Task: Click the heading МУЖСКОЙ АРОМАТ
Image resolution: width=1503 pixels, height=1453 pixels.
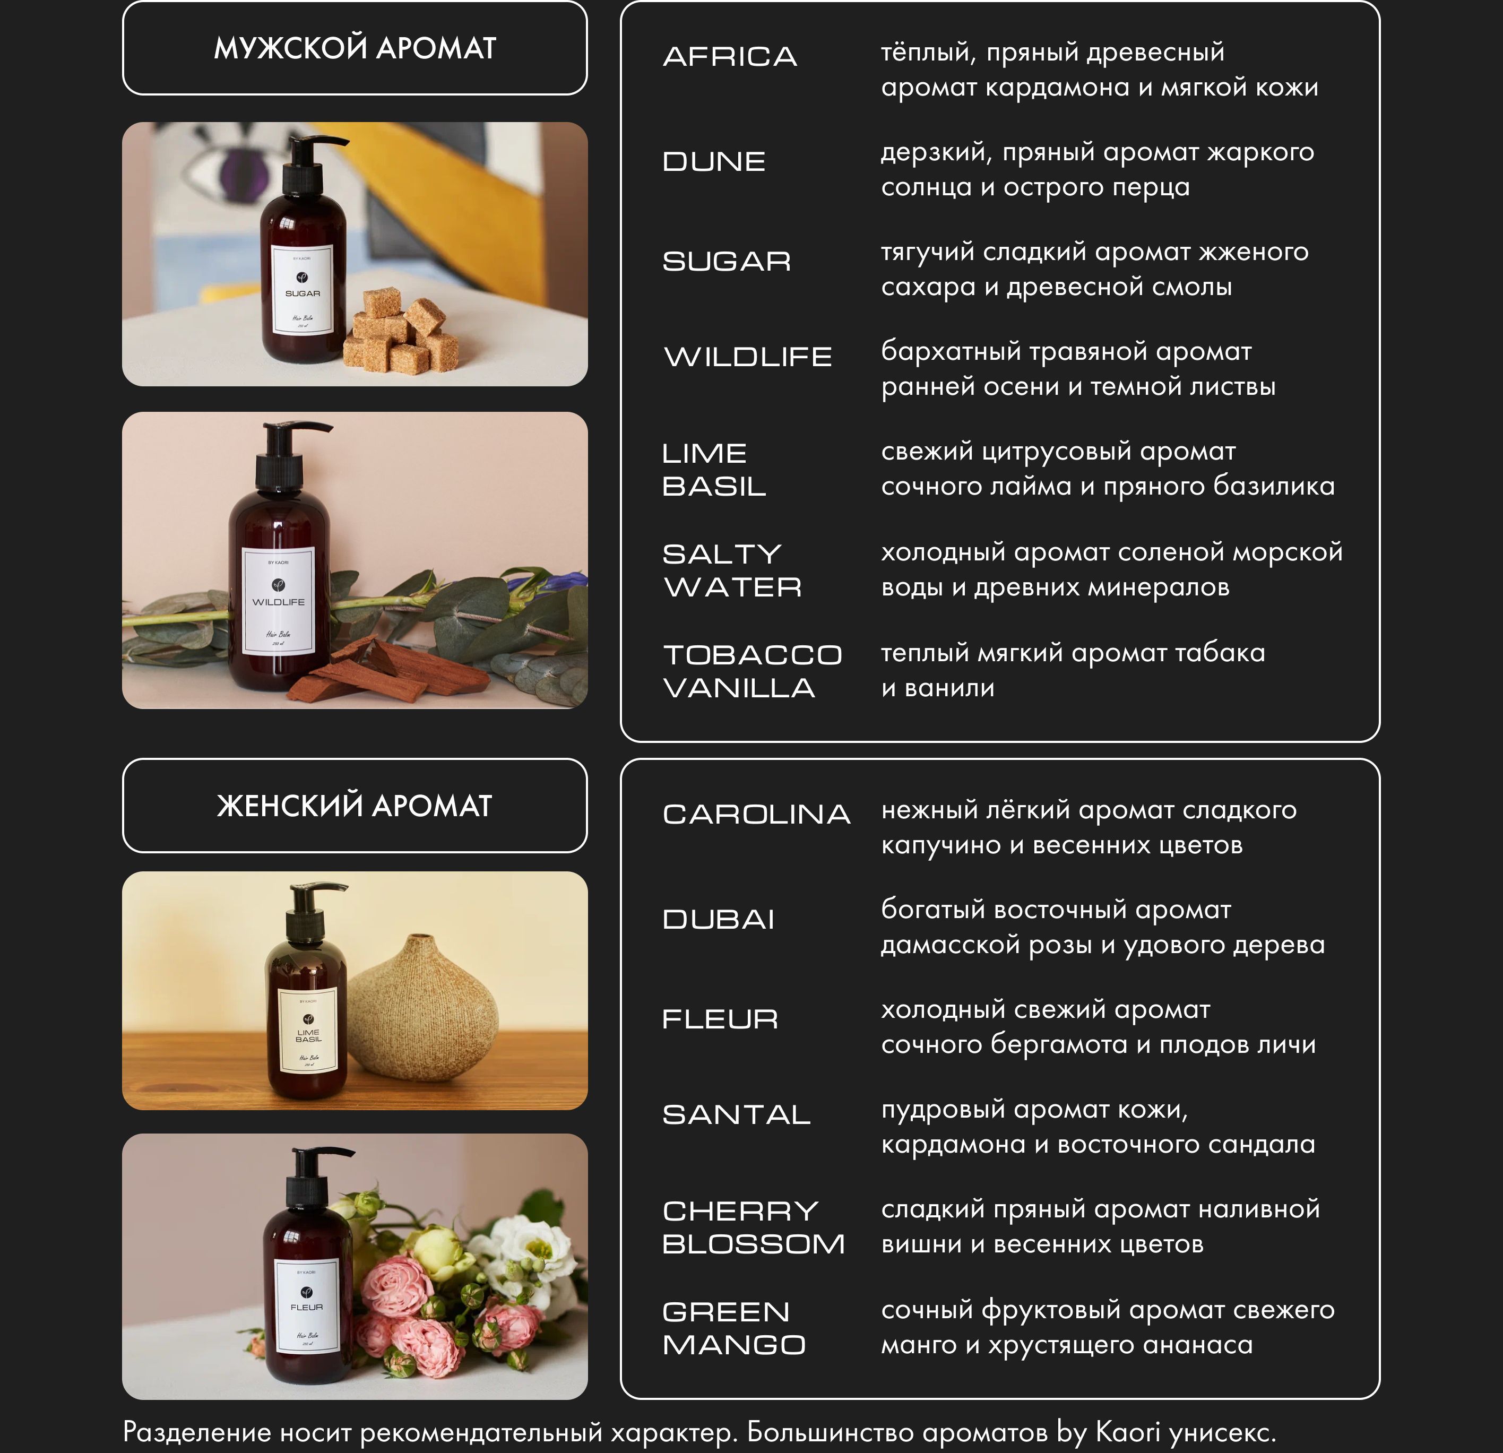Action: click(355, 48)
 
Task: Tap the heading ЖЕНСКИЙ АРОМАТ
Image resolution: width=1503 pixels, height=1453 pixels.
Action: click(355, 806)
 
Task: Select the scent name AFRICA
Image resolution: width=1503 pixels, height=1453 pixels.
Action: click(730, 57)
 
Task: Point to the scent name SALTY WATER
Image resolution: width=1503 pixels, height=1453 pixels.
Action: click(732, 570)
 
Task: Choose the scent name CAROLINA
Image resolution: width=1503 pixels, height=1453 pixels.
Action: click(757, 814)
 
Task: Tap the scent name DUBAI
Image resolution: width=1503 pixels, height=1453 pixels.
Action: click(719, 919)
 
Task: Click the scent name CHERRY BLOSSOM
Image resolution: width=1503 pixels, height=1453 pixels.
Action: click(754, 1227)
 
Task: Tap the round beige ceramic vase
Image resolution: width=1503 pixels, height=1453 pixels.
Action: click(422, 1005)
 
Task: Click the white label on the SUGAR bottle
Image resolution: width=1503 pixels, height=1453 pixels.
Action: click(303, 289)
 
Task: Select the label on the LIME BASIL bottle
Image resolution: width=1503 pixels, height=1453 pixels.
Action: click(308, 1032)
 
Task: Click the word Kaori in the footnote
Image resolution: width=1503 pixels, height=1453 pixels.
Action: click(1127, 1432)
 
